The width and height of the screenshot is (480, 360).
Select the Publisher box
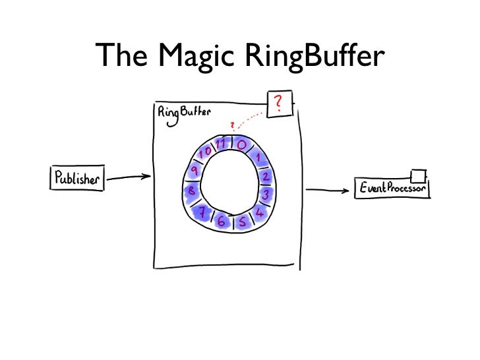(x=77, y=179)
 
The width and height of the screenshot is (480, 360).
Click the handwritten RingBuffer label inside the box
(x=184, y=112)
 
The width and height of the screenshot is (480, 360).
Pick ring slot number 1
(x=259, y=158)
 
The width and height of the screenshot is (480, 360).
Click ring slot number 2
(x=266, y=177)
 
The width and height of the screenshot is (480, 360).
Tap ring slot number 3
(x=265, y=195)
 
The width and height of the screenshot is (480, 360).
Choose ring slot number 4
(x=258, y=212)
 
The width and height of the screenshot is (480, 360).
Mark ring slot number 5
(x=242, y=223)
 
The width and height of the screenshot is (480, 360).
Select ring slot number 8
(x=191, y=191)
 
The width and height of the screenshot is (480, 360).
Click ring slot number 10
(x=206, y=152)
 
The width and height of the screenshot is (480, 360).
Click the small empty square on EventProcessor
(x=417, y=175)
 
